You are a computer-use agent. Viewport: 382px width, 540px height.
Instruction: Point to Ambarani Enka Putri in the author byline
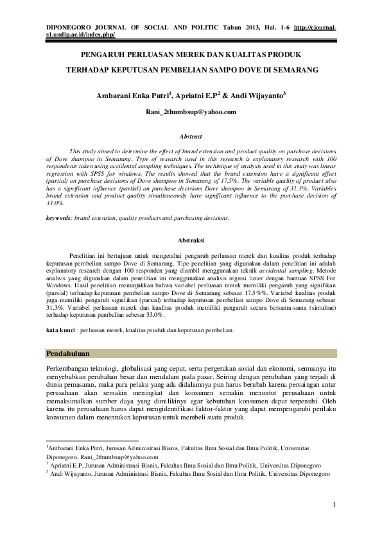pos(131,96)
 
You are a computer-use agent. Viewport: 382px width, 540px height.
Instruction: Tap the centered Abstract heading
pos(191,137)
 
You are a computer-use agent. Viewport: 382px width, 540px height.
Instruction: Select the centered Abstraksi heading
pos(191,240)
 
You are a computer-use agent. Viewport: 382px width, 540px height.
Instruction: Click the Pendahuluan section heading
pos(69,353)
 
